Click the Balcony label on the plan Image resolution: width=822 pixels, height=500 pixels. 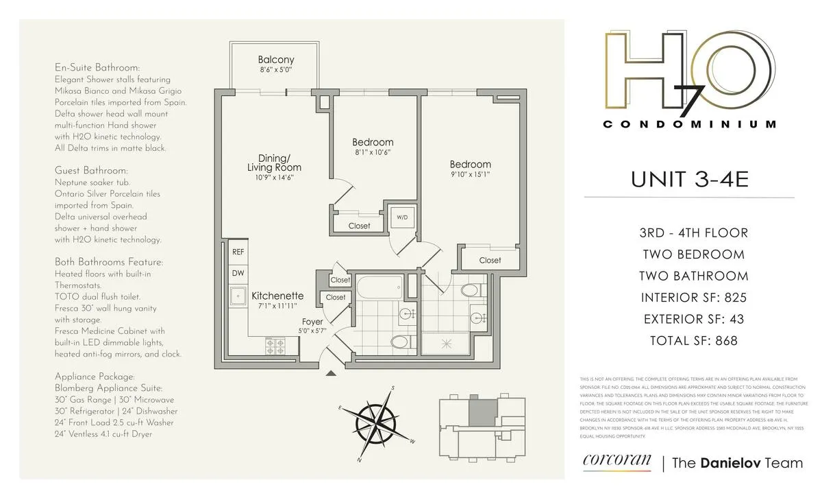[276, 60]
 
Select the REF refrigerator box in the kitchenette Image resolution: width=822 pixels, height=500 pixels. [238, 252]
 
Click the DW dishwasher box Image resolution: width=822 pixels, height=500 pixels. [238, 273]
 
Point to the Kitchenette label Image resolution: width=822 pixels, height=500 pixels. [277, 296]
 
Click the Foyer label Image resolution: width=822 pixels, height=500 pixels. [312, 321]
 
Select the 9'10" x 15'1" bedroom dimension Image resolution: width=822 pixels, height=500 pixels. [470, 175]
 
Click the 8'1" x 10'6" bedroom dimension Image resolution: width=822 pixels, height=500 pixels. [373, 152]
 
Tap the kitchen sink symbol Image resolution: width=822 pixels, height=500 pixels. [239, 298]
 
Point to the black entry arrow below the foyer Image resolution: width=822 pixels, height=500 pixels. [331, 373]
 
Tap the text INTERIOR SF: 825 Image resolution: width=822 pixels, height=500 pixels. [693, 298]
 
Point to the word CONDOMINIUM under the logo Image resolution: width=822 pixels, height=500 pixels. [690, 124]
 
